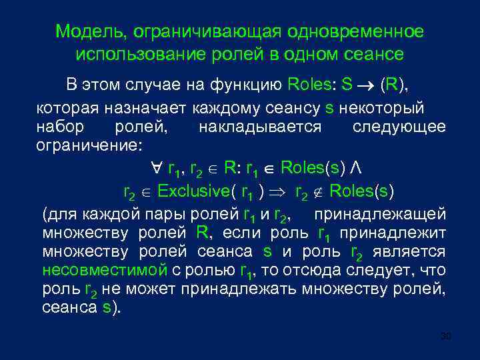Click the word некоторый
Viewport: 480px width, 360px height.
point(385,108)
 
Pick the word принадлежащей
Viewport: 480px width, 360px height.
point(379,215)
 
